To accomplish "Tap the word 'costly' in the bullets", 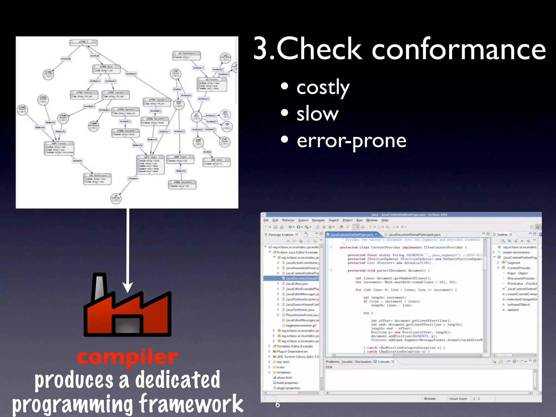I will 323,88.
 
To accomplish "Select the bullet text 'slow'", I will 317,114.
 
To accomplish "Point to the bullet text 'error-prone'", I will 351,141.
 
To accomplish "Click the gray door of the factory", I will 127,325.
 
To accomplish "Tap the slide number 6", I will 277,404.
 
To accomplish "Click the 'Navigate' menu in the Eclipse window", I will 318,220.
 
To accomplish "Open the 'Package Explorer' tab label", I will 281,235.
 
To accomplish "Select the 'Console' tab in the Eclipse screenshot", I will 383,362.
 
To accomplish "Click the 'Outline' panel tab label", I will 502,235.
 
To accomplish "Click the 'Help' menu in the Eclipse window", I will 385,220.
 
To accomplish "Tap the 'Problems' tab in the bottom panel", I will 332,362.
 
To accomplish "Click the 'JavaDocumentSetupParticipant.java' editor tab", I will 414,235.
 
